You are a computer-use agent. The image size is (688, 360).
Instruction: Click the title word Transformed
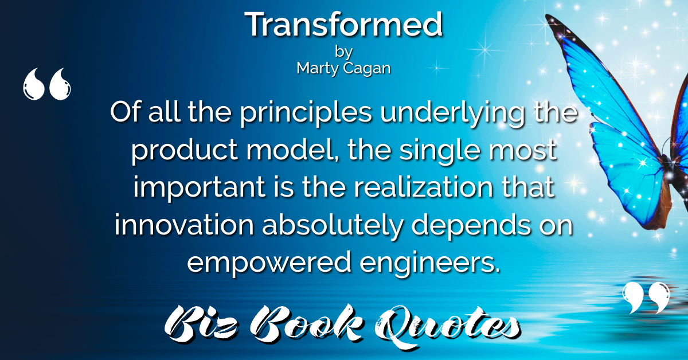tap(343, 24)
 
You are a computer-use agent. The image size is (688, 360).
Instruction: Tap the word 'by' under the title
tap(343, 52)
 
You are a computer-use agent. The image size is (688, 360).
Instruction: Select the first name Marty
tap(318, 68)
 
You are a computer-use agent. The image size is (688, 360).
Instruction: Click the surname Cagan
tap(367, 68)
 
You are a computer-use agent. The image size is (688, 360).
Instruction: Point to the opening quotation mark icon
tap(46, 84)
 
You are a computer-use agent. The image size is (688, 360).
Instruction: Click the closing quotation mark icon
tap(646, 298)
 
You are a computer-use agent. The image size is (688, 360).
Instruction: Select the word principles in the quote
tap(306, 114)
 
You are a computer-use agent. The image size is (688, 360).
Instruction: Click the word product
tap(185, 150)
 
